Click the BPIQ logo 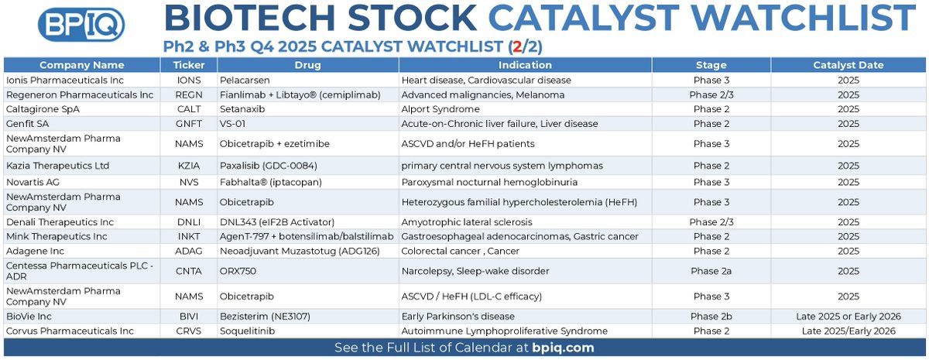click(x=81, y=24)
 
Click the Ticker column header click(x=189, y=65)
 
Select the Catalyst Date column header click(x=848, y=65)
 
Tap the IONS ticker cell click(x=189, y=80)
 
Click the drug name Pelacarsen click(x=245, y=80)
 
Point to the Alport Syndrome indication click(x=441, y=109)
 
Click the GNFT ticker click(x=189, y=124)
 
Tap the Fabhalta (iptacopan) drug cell click(x=271, y=182)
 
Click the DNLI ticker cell click(x=189, y=222)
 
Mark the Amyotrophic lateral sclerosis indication click(x=467, y=222)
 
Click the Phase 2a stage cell click(x=711, y=271)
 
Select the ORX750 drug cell click(x=238, y=271)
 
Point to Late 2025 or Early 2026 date click(x=848, y=317)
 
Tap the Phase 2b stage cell click(x=711, y=317)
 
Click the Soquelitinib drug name click(x=247, y=331)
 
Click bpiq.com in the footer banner click(x=563, y=348)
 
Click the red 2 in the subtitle click(x=517, y=47)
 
